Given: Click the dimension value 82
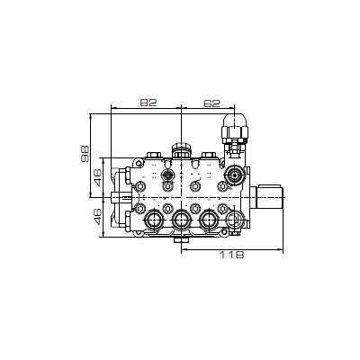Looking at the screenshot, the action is [148, 103].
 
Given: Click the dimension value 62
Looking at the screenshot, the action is [211, 103].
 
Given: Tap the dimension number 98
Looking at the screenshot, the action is [85, 154].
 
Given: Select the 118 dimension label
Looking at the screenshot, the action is [231, 255].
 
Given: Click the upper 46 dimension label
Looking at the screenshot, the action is [98, 177].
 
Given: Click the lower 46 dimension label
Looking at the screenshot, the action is [98, 217].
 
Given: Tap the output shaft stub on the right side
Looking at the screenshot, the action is [267, 197].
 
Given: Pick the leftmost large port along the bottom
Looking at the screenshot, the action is [154, 220].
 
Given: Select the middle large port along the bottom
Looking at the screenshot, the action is [181, 220].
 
